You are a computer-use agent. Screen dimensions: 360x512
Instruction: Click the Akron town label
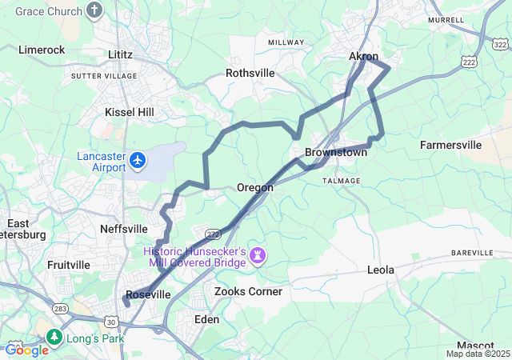tap(363, 56)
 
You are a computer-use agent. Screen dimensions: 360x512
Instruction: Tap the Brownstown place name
tap(336, 152)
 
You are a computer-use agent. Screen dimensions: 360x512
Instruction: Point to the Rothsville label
tap(250, 73)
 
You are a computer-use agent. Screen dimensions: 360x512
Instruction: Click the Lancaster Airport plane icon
tap(138, 161)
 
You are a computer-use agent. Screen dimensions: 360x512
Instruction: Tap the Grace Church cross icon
tap(95, 10)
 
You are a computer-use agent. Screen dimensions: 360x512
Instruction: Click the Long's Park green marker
tap(54, 337)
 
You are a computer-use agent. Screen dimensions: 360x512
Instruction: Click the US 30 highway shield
tap(110, 321)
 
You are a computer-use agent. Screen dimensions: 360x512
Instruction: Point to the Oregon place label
tap(254, 187)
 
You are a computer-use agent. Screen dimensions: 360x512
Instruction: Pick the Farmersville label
tap(451, 145)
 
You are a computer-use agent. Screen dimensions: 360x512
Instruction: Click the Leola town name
tap(381, 270)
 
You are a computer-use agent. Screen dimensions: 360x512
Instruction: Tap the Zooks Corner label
tap(248, 291)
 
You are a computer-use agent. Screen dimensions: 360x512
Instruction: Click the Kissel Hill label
tap(130, 112)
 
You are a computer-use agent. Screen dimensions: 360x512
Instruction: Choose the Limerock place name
tap(41, 50)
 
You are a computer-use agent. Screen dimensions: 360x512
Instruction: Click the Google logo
tap(26, 350)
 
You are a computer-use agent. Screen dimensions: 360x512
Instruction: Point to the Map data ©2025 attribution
tap(478, 354)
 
